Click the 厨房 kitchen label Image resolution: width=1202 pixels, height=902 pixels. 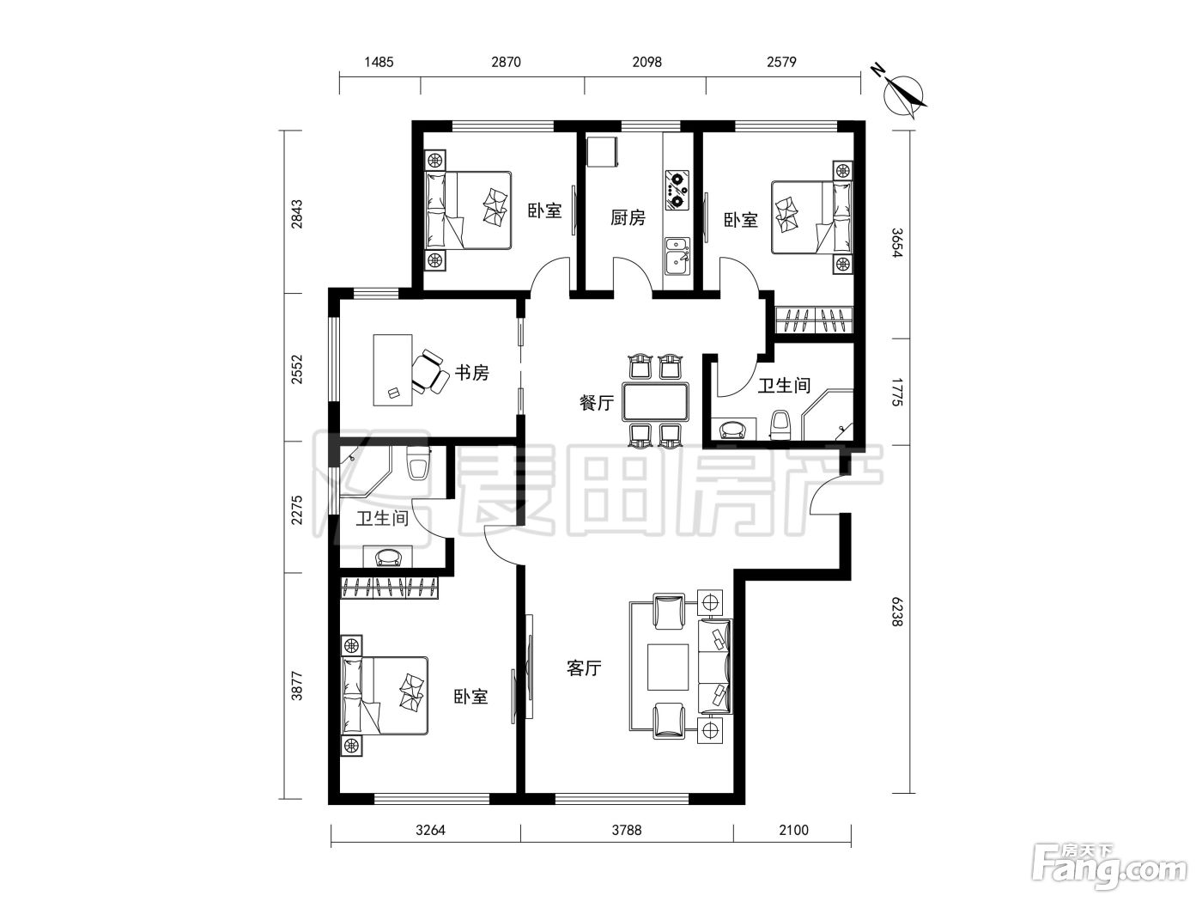(x=628, y=218)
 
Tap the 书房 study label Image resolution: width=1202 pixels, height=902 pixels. (x=471, y=373)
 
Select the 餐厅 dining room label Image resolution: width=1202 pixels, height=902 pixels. (x=597, y=403)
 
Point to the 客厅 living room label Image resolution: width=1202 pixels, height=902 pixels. (x=584, y=668)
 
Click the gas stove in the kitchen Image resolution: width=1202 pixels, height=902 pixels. (x=677, y=191)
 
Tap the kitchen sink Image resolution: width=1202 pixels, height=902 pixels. (x=677, y=257)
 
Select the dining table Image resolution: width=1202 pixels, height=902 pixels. (x=655, y=402)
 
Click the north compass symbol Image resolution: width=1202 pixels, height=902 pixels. (x=902, y=94)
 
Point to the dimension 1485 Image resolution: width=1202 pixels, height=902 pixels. (x=379, y=62)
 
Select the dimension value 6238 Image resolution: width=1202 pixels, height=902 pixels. (x=896, y=612)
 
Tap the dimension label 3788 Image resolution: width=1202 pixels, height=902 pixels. (x=627, y=830)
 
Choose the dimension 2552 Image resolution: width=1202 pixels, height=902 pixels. (x=297, y=369)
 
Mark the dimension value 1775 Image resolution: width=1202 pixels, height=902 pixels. (x=896, y=392)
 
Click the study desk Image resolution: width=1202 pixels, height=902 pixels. (x=392, y=370)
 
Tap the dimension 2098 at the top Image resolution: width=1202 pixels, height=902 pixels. (x=647, y=62)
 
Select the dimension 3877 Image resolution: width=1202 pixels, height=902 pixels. (x=297, y=686)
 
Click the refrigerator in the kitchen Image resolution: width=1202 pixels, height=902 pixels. (x=603, y=151)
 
